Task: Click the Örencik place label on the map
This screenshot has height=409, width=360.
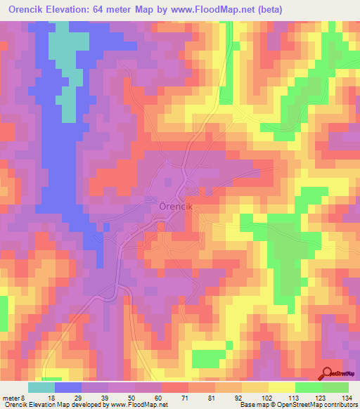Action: point(176,208)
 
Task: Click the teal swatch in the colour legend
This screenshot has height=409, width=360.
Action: point(41,387)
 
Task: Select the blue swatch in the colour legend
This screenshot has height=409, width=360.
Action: point(68,387)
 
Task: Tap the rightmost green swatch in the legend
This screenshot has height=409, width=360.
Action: point(335,387)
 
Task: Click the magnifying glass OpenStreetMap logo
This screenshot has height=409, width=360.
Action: point(328,373)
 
